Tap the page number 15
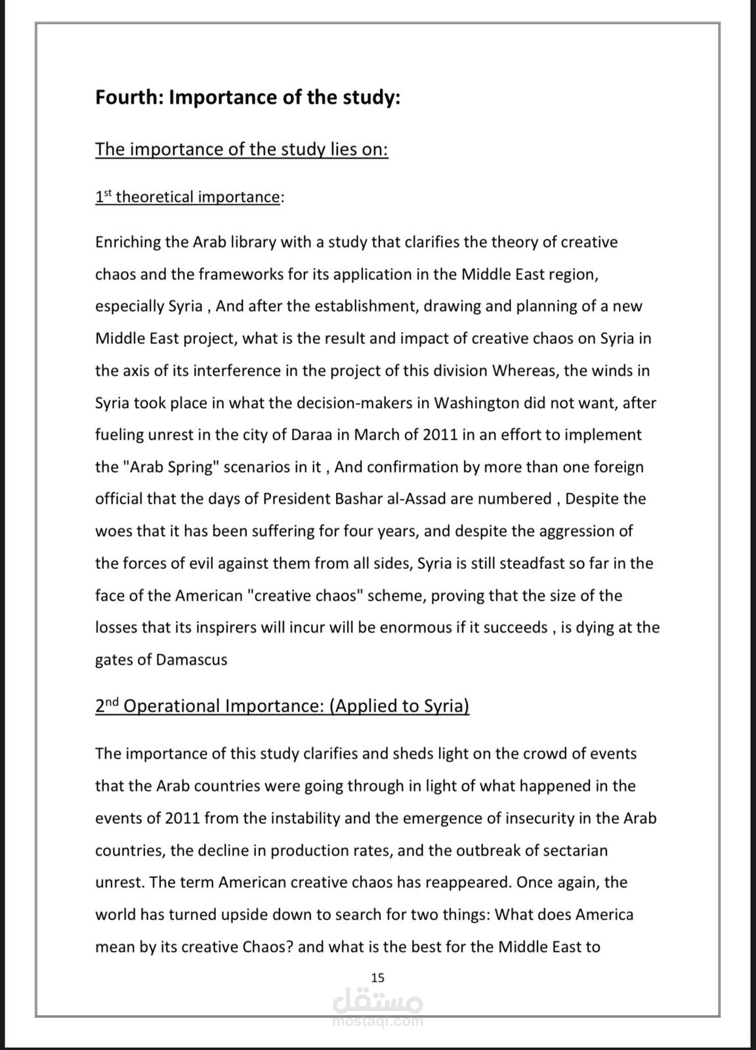[377, 977]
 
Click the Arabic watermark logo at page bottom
[378, 1005]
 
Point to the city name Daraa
[329, 434]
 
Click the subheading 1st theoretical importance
[188, 197]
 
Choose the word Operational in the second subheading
[172, 706]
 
